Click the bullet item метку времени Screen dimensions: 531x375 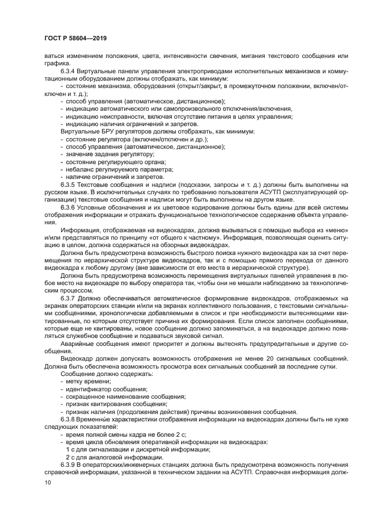(88, 382)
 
